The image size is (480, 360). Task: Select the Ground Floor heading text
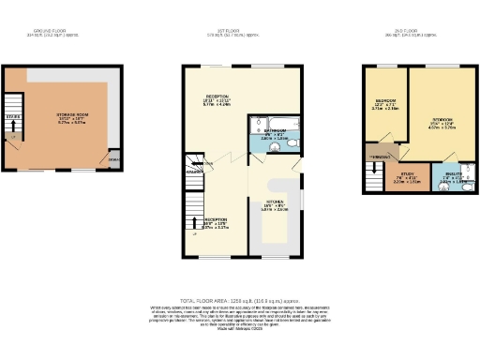[53, 36]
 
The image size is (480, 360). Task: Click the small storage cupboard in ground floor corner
[114, 159]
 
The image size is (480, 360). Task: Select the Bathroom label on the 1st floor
[274, 134]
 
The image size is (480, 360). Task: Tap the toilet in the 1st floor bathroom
[292, 143]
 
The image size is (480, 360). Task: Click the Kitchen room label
[273, 205]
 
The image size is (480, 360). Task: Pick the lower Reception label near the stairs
[217, 224]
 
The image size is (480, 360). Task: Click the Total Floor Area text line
[240, 296]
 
